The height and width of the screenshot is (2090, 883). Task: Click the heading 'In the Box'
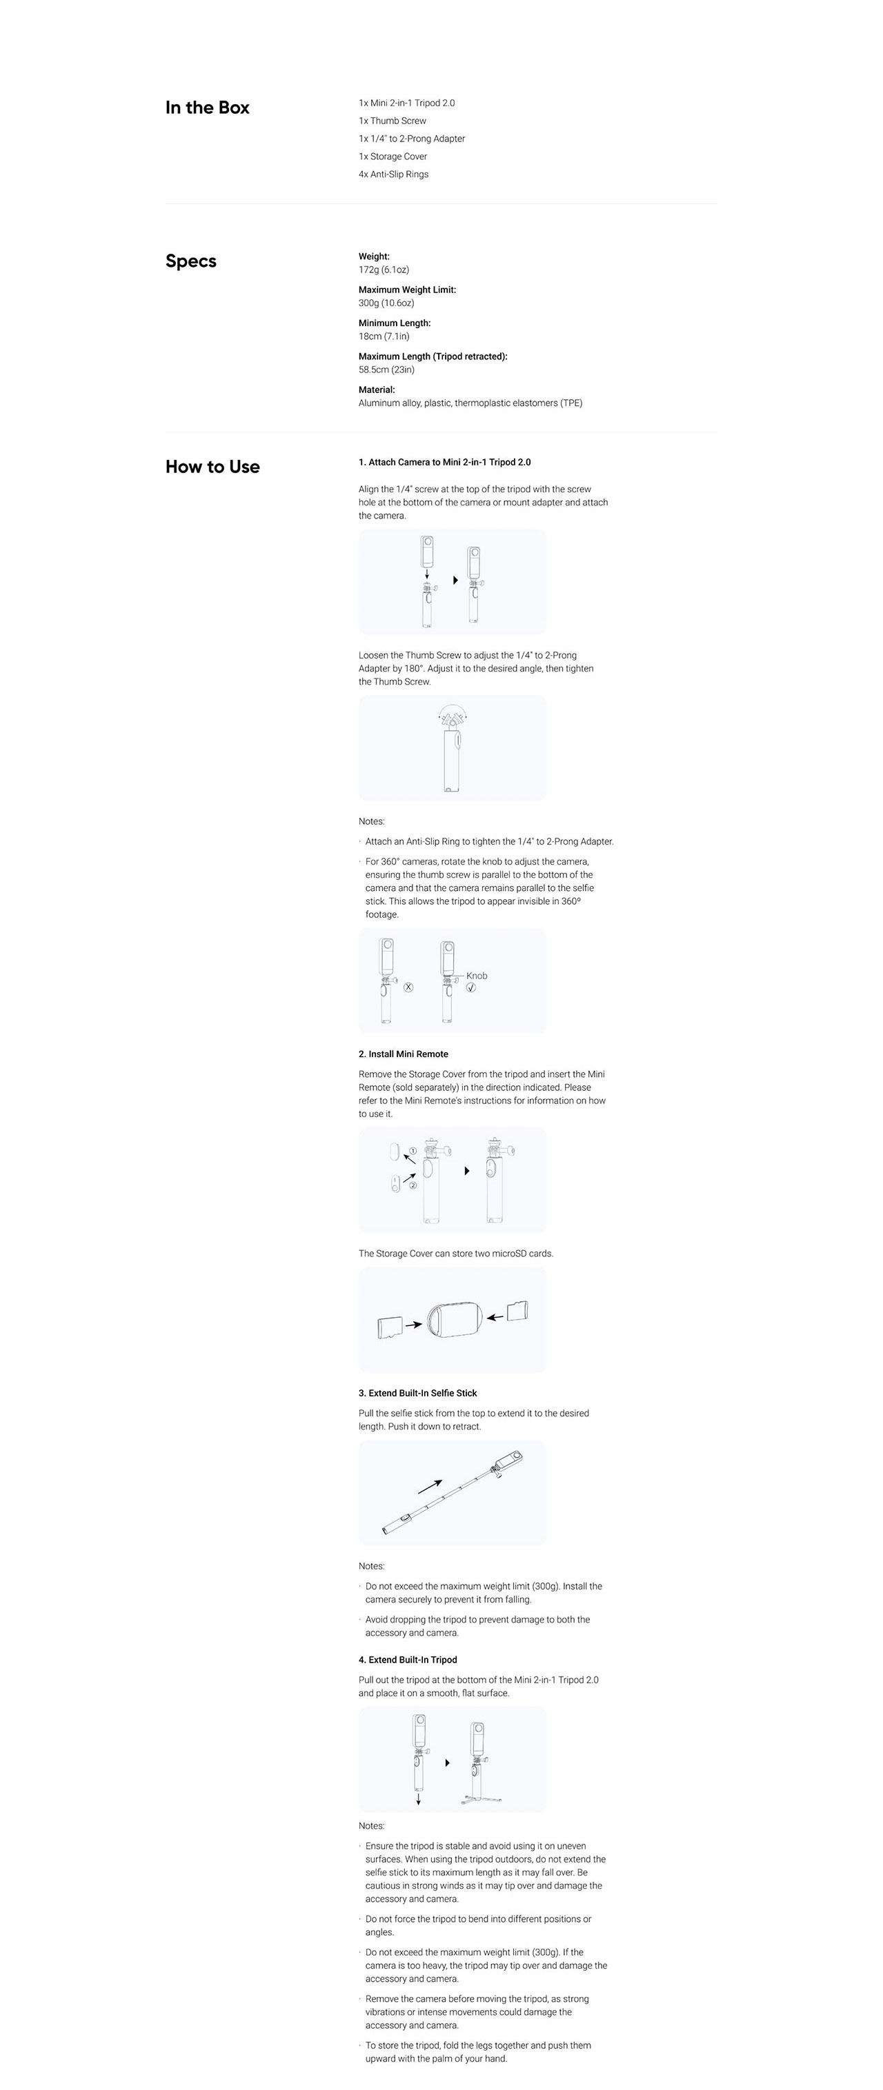207,108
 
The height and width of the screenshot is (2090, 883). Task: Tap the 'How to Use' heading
212,467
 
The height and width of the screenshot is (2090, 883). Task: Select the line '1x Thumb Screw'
392,121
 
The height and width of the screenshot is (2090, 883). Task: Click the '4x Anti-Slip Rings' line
394,174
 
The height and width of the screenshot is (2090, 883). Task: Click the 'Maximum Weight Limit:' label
408,290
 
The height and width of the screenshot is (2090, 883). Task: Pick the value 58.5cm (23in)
386,370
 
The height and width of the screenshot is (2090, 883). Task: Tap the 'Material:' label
377,390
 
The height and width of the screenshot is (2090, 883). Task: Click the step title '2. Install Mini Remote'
404,1054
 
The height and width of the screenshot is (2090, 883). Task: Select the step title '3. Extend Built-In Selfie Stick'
418,1393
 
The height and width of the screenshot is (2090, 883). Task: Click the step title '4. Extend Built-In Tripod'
408,1660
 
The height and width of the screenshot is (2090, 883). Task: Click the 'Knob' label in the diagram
477,976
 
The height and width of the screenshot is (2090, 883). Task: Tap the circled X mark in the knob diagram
408,987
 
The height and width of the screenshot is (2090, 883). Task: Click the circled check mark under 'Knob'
470,987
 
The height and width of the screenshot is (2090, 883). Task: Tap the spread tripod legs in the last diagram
477,1799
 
